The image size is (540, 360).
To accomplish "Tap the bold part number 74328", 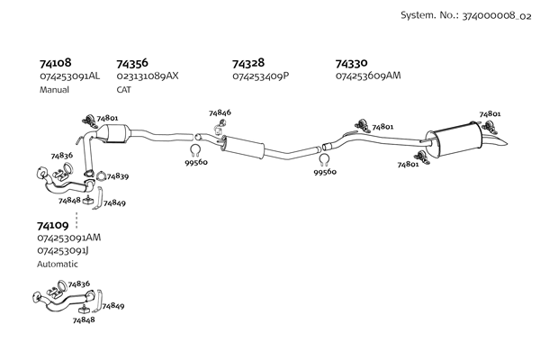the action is coord(247,64).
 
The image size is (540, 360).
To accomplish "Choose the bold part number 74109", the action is coord(53,225).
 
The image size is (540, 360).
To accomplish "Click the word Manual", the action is coord(54,90).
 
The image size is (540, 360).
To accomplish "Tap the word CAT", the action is coord(124,90).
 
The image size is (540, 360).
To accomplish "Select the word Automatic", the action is coord(58,264).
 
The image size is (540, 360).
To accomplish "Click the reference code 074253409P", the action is coord(260,76).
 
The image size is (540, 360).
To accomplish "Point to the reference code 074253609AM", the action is coord(367,76).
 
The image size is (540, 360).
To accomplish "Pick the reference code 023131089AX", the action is coord(148,76).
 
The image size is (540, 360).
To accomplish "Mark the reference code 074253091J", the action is coord(67,250).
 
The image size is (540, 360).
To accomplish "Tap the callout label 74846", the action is coord(220,112).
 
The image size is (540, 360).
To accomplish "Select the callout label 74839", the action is coord(117,175).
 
